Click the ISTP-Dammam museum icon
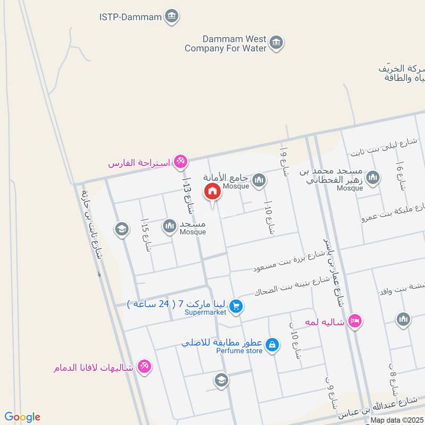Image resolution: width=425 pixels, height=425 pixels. pos(171,16)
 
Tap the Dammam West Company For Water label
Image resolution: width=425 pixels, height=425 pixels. pos(226,44)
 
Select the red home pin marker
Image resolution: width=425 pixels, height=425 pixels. pos(212,192)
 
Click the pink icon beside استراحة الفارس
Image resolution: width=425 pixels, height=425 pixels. pos(181,161)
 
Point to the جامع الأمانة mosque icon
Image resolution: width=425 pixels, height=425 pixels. pos(259,181)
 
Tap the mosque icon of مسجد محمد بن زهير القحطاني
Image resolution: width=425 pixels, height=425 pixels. pos(373,177)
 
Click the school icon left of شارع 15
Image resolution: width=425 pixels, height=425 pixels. pos(122,229)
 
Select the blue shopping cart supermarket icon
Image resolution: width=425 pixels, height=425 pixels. pos(237,306)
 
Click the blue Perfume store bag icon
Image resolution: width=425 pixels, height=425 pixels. pos(272,344)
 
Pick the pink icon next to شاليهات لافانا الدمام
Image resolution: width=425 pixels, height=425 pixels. pos(143,367)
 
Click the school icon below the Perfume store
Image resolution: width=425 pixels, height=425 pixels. pos(221,380)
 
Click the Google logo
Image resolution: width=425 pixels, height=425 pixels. pos(22,416)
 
